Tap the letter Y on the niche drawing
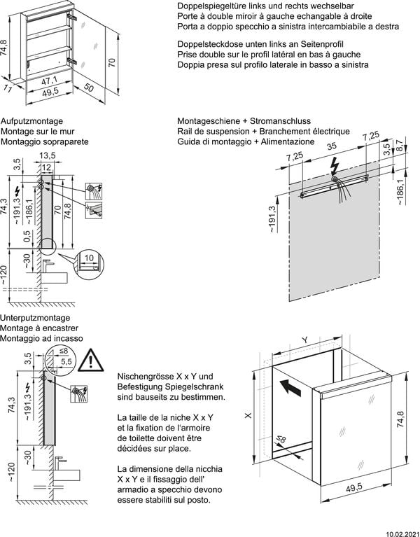[304, 339]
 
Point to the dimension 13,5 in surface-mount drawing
[48, 155]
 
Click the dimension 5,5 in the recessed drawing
[66, 361]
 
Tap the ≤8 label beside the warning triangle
[64, 351]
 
